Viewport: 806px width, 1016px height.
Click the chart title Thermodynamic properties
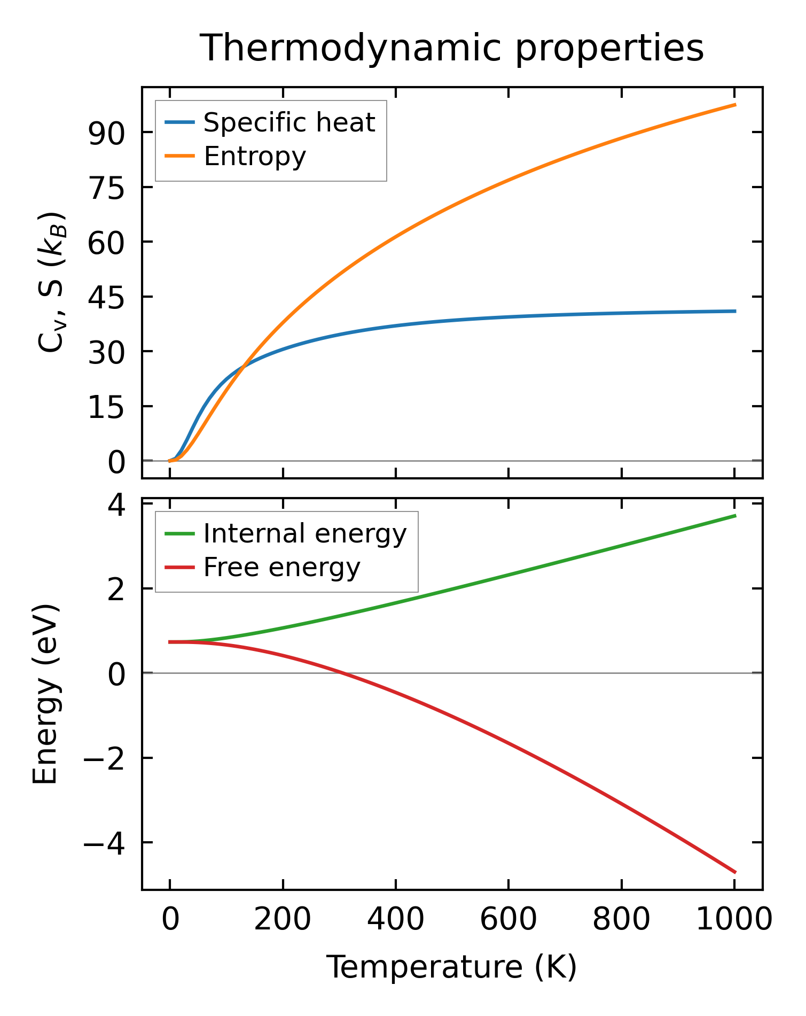click(452, 49)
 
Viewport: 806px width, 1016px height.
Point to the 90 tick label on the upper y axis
click(106, 133)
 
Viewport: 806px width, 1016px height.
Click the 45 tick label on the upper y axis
click(106, 297)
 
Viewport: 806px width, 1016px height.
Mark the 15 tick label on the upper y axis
click(106, 406)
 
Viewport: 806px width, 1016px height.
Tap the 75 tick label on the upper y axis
click(106, 188)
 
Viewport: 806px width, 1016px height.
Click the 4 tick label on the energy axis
click(116, 504)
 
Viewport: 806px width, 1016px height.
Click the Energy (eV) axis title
click(45, 694)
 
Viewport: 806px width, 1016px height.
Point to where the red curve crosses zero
click(340, 673)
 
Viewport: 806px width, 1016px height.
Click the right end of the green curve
click(735, 516)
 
